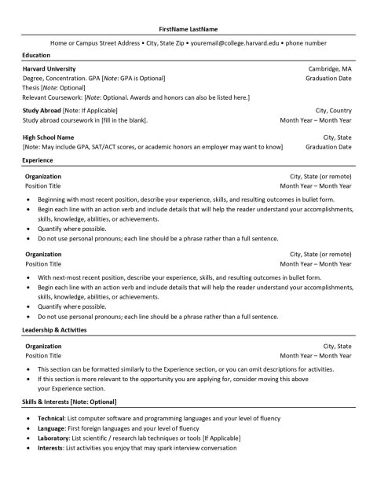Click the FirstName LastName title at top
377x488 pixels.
click(x=188, y=28)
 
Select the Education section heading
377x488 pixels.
click(x=36, y=56)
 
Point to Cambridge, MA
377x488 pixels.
click(x=330, y=69)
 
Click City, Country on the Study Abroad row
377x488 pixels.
click(x=333, y=111)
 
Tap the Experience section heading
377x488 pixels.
click(x=38, y=160)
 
